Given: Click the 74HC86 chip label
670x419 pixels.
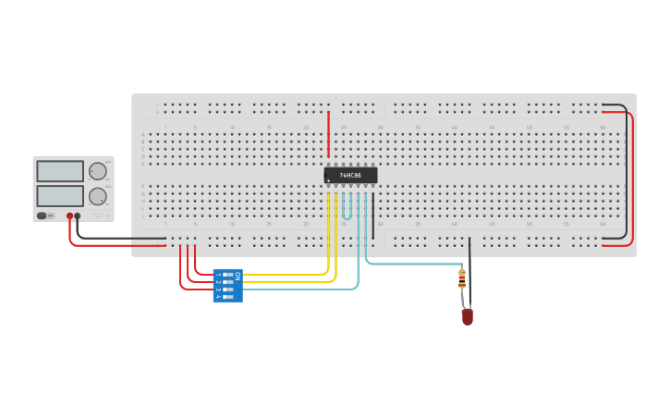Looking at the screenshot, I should pyautogui.click(x=350, y=175).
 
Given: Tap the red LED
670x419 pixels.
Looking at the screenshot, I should pyautogui.click(x=467, y=316).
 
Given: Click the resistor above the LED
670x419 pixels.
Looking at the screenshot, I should pyautogui.click(x=462, y=278).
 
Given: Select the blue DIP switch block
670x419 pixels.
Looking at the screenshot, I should pyautogui.click(x=227, y=286).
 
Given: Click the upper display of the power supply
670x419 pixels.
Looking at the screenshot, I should pyautogui.click(x=60, y=171).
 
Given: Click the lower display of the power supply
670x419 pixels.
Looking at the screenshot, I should pyautogui.click(x=60, y=196).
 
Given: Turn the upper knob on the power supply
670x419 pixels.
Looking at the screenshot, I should pyautogui.click(x=97, y=171).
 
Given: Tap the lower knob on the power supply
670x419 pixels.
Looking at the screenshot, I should pyautogui.click(x=97, y=196).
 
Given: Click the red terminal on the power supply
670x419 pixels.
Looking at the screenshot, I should pyautogui.click(x=69, y=216).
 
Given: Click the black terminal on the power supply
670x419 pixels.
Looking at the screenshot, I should pyautogui.click(x=78, y=216).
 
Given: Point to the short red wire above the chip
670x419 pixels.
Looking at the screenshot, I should pyautogui.click(x=328, y=134).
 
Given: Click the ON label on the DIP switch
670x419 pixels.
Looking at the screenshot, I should pyautogui.click(x=238, y=275).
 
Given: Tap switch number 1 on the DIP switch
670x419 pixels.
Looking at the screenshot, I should pyautogui.click(x=225, y=275).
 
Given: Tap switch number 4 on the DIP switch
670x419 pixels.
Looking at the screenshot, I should pyautogui.click(x=225, y=296).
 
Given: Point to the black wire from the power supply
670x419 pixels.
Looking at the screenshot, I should pyautogui.click(x=120, y=239).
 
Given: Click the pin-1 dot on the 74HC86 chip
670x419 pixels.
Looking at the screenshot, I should pyautogui.click(x=329, y=180).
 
